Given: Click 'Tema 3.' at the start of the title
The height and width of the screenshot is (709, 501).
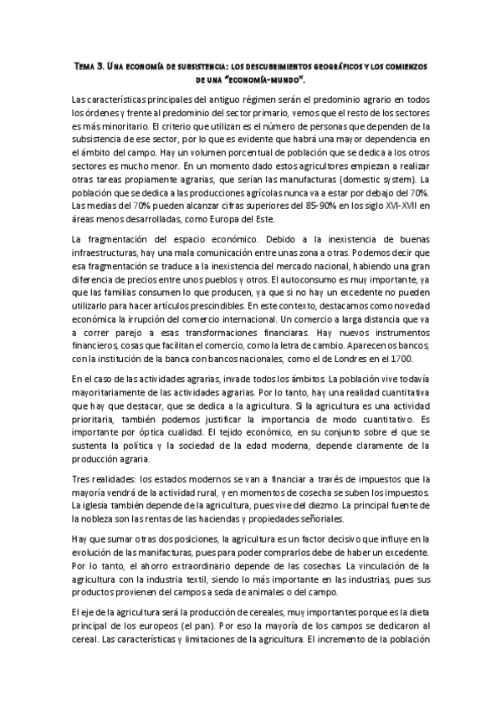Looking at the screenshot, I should coord(89,65).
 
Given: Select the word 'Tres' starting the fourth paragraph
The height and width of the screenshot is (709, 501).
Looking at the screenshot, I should coord(81,479).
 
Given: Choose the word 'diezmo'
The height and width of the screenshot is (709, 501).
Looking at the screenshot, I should coord(336,506).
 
